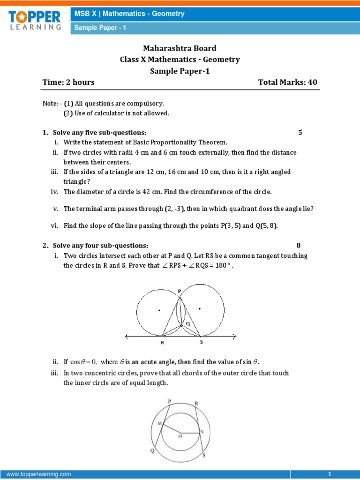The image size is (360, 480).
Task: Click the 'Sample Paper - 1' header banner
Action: pos(99,28)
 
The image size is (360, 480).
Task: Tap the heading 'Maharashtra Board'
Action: pos(180,48)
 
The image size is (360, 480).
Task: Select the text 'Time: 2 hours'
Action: pos(68,82)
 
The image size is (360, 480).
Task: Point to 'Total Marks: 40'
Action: pos(287,82)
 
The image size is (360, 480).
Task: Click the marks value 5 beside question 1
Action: pos(300,133)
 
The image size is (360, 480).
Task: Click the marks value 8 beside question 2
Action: pos(299,245)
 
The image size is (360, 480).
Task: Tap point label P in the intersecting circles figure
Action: pos(180,291)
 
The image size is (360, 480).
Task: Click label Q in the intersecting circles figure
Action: pos(188,323)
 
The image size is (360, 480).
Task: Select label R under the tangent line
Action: pos(162,343)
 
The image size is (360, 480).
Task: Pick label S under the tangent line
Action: pos(202,343)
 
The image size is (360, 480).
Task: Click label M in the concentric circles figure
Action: pos(159,423)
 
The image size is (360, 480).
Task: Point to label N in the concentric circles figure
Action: pos(202,431)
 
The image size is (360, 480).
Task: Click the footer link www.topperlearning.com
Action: pos(39,474)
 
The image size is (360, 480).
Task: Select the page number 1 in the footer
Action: pos(330,474)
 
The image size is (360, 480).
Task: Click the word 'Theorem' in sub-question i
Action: pos(215,142)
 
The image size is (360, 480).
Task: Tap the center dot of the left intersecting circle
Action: pos(159,310)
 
